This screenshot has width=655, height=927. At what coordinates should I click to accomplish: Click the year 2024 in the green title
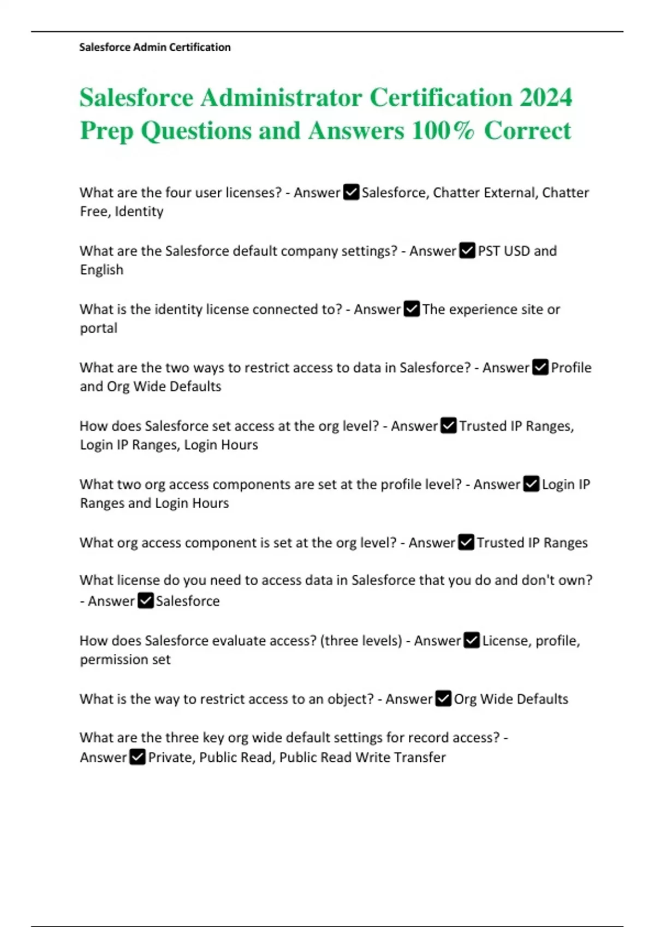coord(545,98)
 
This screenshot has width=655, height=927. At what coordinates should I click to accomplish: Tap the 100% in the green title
coord(443,131)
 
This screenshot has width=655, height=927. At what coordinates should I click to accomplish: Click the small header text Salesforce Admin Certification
coord(155,47)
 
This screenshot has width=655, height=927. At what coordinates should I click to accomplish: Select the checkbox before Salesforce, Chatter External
coord(351,192)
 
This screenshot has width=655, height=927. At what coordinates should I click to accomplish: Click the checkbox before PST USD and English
coord(467,251)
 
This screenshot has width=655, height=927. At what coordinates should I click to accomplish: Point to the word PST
coord(489,251)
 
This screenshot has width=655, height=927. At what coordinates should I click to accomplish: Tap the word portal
coord(99,328)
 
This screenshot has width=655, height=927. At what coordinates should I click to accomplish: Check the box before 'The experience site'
coord(412,309)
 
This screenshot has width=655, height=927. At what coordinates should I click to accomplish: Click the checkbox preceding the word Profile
coord(540,368)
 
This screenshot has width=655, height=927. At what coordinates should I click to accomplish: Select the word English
coord(102,270)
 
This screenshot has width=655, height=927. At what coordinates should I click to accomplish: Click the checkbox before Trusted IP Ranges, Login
coord(449,426)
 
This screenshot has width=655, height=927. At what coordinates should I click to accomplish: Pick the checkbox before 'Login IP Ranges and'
coord(531,484)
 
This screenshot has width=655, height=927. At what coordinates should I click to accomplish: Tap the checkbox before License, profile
coord(472,641)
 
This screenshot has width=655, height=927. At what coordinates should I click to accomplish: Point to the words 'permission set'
coord(125,660)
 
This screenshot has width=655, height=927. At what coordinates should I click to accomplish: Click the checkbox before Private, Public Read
coord(138,757)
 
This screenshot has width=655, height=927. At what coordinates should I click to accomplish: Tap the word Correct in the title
coord(527,131)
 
